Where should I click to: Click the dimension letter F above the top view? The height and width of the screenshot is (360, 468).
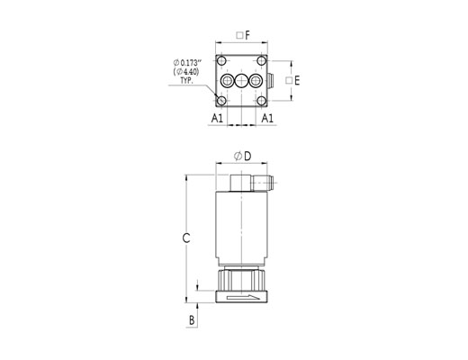[247, 35]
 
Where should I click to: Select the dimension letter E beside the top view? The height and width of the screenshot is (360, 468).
[297, 80]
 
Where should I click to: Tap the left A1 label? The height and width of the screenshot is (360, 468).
[217, 118]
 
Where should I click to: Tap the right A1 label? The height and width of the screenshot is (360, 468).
[267, 118]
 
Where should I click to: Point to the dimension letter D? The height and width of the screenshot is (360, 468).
[247, 156]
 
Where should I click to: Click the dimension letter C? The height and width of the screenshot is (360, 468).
[186, 238]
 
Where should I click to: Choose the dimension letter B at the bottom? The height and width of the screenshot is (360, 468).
[192, 320]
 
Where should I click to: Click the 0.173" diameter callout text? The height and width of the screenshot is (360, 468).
[187, 63]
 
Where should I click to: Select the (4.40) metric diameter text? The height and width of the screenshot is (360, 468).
[186, 72]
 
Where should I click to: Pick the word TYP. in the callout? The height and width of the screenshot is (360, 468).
[186, 80]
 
